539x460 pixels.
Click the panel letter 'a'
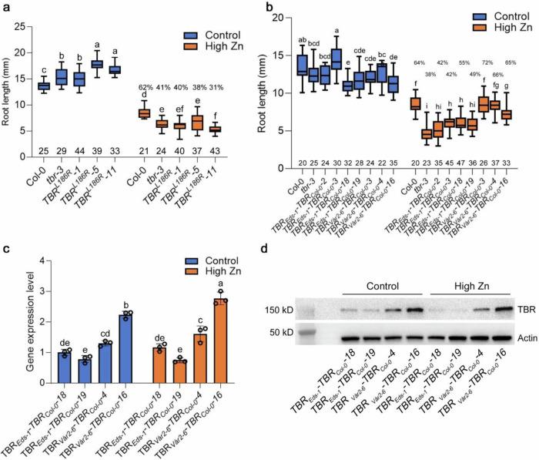point(7,7)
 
